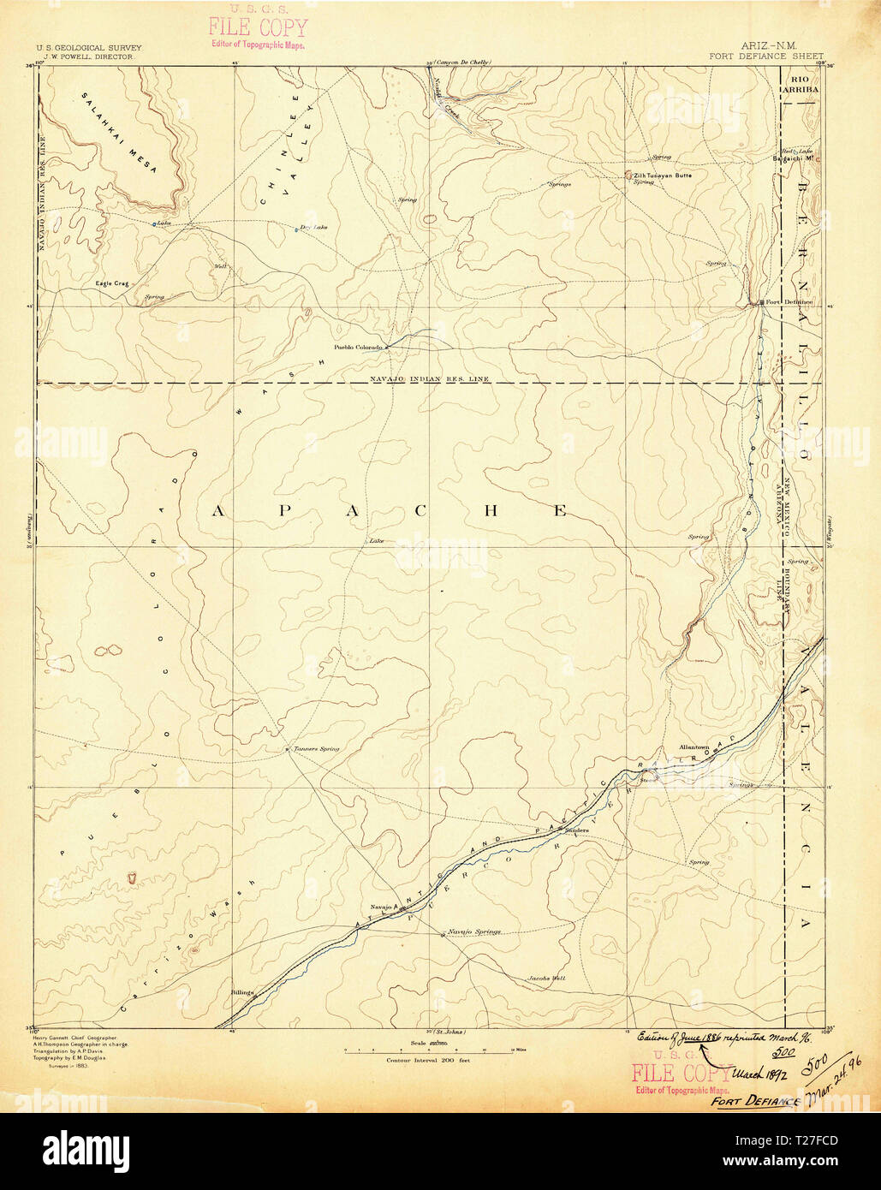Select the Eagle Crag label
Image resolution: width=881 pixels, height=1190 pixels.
(110, 283)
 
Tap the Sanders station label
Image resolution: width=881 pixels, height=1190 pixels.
(576, 830)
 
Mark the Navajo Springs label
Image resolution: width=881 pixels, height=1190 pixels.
(472, 931)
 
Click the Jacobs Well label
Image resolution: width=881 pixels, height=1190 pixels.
(546, 978)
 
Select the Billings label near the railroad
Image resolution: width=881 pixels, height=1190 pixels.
(242, 992)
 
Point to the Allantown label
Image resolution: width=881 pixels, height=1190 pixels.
(693, 747)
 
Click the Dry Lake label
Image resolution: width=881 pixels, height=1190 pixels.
(314, 227)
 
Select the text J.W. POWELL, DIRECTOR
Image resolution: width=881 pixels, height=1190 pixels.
(84, 57)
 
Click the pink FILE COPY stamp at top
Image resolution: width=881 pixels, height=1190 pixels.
(257, 28)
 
